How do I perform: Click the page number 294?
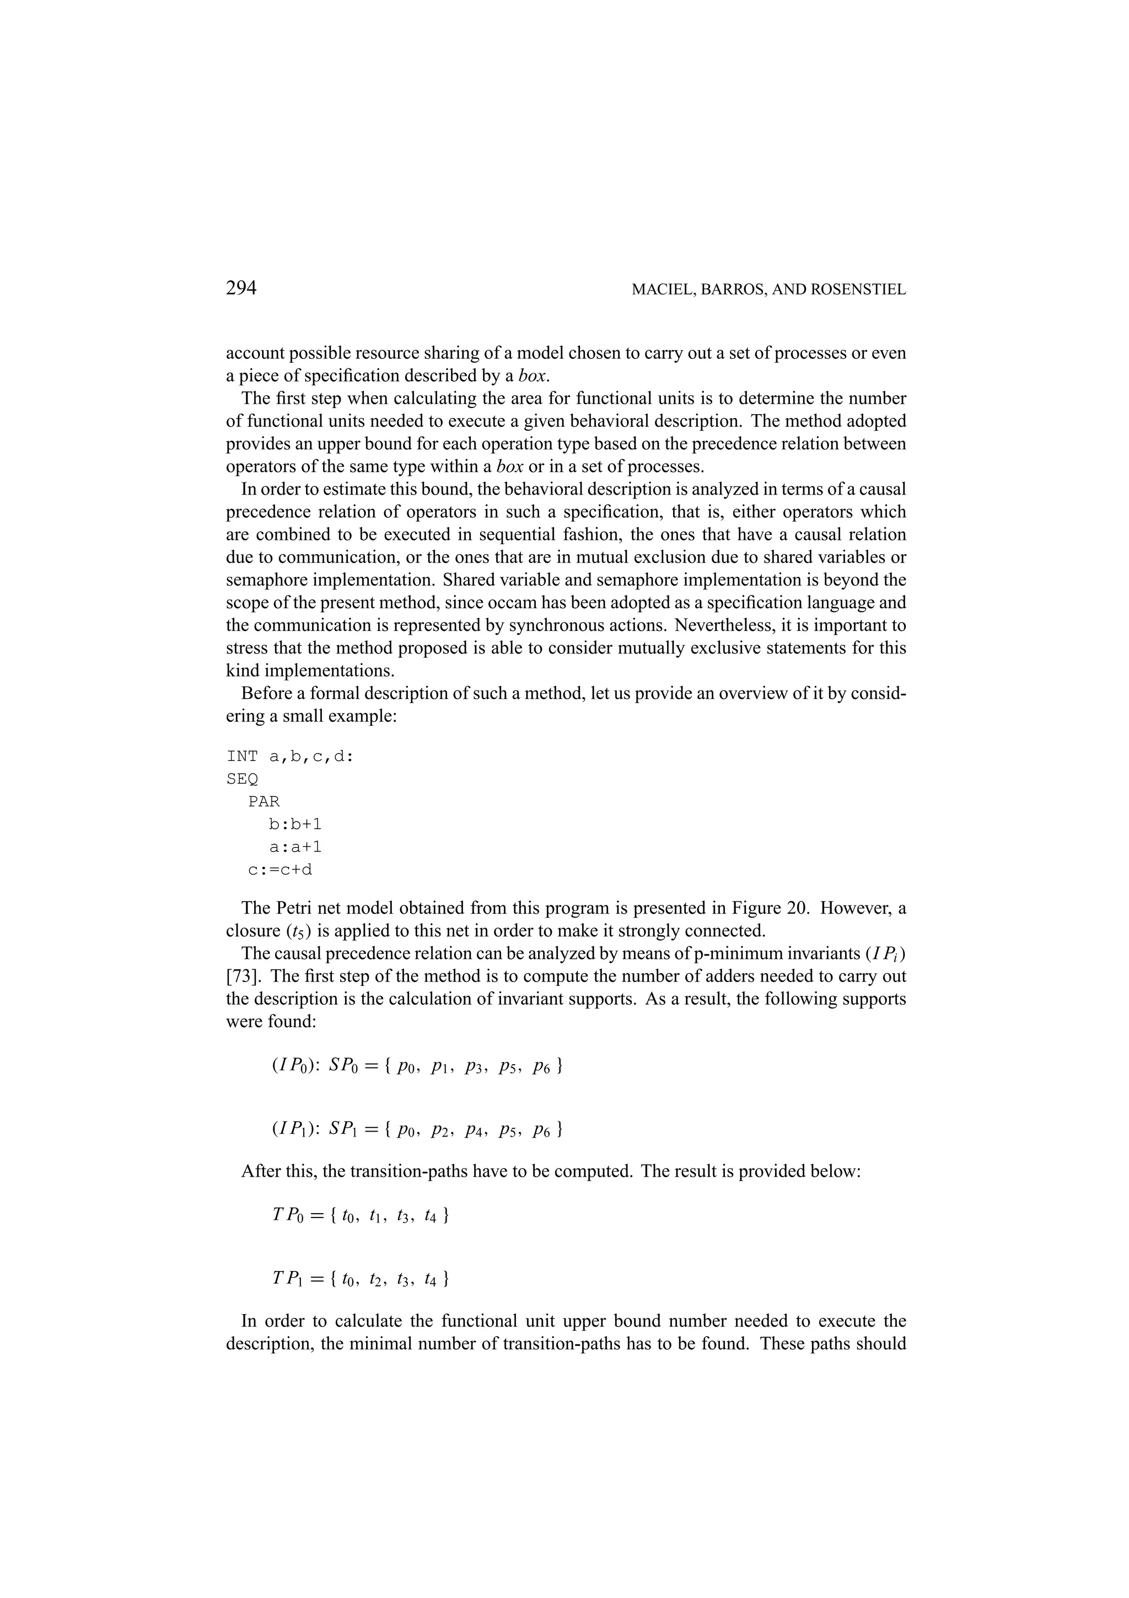241,287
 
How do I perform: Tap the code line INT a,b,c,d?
290,757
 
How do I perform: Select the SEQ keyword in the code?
242,780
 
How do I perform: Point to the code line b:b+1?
295,825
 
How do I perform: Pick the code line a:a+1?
295,847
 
